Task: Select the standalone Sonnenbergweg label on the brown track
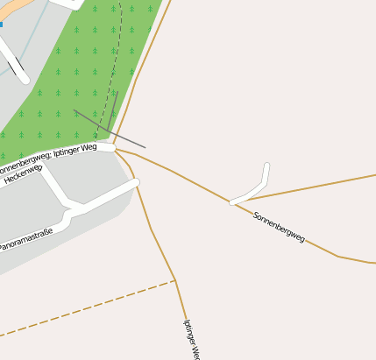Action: click(x=279, y=227)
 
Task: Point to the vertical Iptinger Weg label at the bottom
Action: click(x=191, y=338)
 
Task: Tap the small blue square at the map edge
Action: click(x=2, y=25)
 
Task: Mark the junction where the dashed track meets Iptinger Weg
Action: click(x=175, y=280)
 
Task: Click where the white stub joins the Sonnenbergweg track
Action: click(x=231, y=203)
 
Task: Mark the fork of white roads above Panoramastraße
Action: click(x=68, y=208)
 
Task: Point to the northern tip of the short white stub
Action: click(x=266, y=166)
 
